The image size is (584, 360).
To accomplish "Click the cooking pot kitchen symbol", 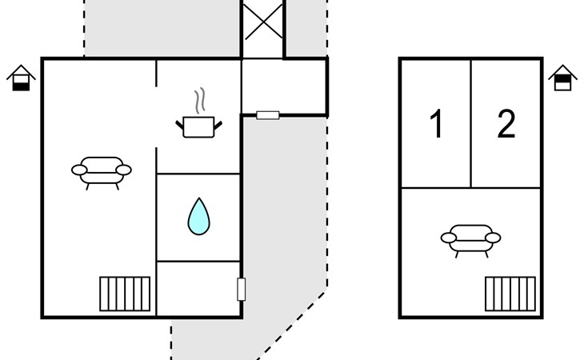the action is pos(199,126).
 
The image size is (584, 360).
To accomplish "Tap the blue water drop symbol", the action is pos(199,216).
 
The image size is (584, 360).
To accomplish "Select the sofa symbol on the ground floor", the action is pos(102,173).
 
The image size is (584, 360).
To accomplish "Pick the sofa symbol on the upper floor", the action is pos(470,241).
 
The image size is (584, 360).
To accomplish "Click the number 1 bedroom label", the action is pos(436,123).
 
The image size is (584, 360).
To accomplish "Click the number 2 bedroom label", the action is pos(506,123).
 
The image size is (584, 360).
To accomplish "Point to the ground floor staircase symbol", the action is pos(125,294).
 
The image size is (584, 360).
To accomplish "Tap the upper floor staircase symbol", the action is pos(510,294).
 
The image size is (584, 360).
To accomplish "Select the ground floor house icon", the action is pos(21,78).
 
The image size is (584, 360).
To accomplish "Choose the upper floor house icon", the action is pos(562,78).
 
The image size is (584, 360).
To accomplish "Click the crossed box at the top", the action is pos(263,22).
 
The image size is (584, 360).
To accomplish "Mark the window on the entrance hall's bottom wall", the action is pos(268,115).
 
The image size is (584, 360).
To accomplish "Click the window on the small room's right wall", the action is pos(242,290).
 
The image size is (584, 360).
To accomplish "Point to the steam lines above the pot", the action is pos(200,101).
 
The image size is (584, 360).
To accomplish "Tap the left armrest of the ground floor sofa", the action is pos(79,170).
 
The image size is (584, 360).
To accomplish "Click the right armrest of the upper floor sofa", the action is pos(493,238).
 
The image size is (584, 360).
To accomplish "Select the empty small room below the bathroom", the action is pos(198,289).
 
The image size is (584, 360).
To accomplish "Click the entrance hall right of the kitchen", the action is pos(284,86).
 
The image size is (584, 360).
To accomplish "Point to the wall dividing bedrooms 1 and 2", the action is pos(471,123).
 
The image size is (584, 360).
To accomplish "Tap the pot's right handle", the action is pos(218,126).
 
